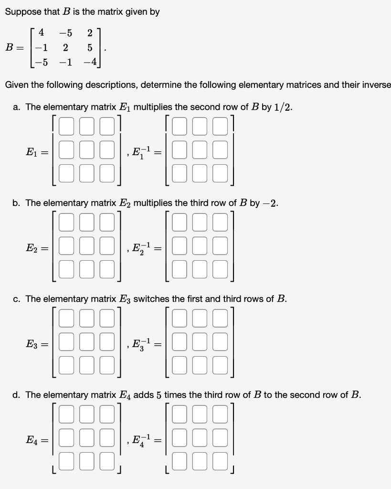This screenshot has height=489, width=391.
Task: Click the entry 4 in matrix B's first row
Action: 42,33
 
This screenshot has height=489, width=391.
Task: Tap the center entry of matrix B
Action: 65,48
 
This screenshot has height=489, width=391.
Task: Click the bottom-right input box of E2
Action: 107,269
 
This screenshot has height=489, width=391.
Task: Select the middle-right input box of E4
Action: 107,438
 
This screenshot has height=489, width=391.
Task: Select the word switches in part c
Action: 152,299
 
